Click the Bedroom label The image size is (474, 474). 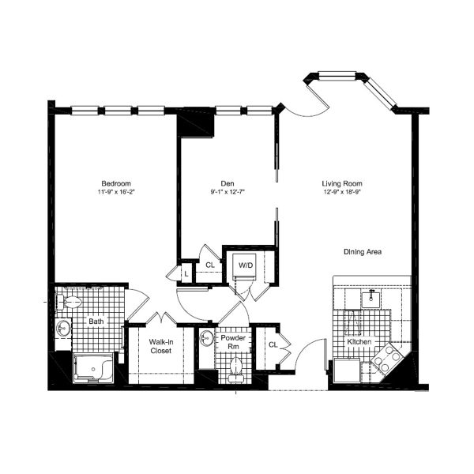[116, 183]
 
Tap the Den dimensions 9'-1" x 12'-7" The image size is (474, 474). [228, 192]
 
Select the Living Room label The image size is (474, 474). [342, 183]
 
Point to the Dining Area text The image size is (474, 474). [363, 252]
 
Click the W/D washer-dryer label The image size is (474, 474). [246, 265]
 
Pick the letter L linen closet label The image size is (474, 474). [186, 274]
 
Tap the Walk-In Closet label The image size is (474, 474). [161, 347]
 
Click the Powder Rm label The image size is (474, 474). [233, 342]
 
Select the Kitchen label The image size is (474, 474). [359, 342]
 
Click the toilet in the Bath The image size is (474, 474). [70, 302]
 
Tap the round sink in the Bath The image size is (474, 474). [63, 328]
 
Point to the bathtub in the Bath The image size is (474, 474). [93, 367]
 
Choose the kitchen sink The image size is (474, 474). [371, 299]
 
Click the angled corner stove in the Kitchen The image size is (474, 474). [387, 359]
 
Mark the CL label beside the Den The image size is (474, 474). [210, 265]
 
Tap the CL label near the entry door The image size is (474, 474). [273, 345]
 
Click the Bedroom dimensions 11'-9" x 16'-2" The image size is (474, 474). [116, 192]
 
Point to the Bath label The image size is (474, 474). [96, 322]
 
